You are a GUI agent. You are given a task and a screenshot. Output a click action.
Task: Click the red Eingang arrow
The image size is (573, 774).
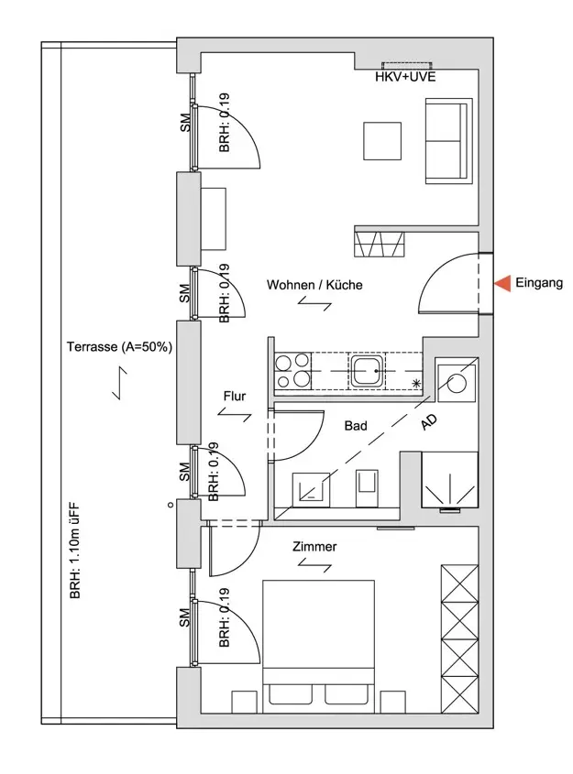pos(502,283)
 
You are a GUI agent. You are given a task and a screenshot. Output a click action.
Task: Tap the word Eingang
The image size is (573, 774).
pos(539,283)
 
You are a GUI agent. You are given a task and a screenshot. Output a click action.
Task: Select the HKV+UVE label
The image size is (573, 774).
pos(405,77)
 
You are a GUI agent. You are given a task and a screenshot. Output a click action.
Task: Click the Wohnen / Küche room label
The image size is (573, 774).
pos(314,285)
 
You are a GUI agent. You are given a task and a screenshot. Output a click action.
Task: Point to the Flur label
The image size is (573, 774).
pos(234,396)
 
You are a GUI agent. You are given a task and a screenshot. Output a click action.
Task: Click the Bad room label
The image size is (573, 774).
pos(356,426)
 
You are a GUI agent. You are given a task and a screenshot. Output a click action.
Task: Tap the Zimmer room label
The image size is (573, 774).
pos(314,547)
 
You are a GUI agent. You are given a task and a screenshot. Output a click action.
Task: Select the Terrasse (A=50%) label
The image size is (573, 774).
pos(119,346)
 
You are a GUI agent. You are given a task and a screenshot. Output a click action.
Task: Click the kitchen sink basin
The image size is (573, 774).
pos(367,370)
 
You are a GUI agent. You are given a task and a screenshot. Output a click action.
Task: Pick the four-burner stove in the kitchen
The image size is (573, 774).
pos(292,371)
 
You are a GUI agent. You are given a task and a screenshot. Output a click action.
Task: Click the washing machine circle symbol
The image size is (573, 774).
pos(456,383)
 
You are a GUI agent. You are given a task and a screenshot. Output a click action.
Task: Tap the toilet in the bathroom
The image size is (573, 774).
pos(367,487)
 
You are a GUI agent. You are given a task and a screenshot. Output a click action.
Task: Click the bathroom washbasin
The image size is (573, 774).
pos(311,490)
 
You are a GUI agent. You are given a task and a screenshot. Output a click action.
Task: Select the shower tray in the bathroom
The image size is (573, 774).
pos(449,479)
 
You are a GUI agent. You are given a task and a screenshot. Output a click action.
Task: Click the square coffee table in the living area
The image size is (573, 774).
pos(382,141)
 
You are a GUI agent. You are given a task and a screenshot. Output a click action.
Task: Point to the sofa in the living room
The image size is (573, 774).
pos(449,141)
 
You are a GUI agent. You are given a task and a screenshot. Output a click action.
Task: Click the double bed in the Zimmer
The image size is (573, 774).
pos(318,647)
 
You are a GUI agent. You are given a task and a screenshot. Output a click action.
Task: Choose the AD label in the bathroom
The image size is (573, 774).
pos(429,422)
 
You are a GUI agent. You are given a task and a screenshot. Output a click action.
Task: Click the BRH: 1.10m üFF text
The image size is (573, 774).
pos(74,551)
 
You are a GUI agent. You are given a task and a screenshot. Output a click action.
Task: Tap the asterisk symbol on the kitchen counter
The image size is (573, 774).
pos(416,383)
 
